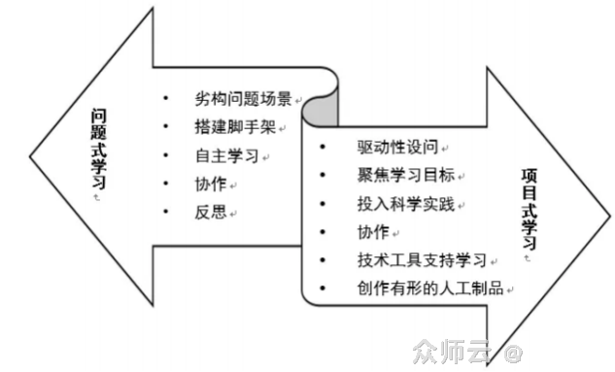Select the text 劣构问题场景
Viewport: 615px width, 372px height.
click(x=243, y=99)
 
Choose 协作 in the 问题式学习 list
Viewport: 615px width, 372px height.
click(x=210, y=184)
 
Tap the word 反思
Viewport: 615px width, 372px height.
click(x=210, y=212)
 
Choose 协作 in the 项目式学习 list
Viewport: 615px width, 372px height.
click(x=373, y=232)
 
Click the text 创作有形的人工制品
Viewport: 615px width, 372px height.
click(x=428, y=288)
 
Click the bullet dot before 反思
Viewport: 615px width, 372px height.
click(x=166, y=212)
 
